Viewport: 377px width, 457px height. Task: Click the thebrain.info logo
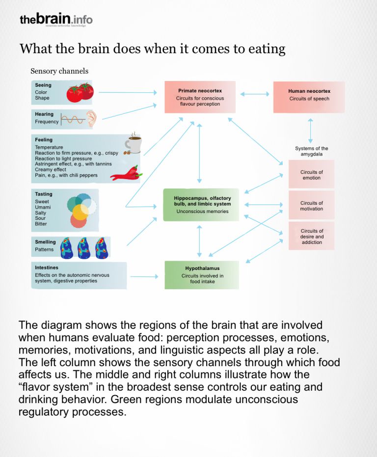pyautogui.click(x=55, y=20)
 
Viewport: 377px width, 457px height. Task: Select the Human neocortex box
pyautogui.click(x=309, y=97)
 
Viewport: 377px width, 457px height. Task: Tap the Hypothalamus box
pyautogui.click(x=202, y=275)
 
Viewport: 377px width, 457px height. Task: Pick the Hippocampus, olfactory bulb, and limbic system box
pyautogui.click(x=201, y=204)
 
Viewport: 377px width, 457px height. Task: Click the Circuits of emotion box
pyautogui.click(x=311, y=175)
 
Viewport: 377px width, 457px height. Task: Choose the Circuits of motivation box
pyautogui.click(x=311, y=206)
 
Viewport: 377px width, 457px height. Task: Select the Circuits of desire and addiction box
pyautogui.click(x=311, y=236)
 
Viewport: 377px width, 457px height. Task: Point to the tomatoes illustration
pyautogui.click(x=81, y=92)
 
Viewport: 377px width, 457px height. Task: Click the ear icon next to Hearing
pyautogui.click(x=91, y=119)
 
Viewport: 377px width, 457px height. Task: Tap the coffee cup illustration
pyautogui.click(x=133, y=143)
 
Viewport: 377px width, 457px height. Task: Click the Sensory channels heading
pyautogui.click(x=59, y=71)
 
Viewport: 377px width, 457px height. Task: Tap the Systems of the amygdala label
pyautogui.click(x=311, y=151)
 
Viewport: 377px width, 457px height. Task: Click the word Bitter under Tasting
pyautogui.click(x=41, y=224)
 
